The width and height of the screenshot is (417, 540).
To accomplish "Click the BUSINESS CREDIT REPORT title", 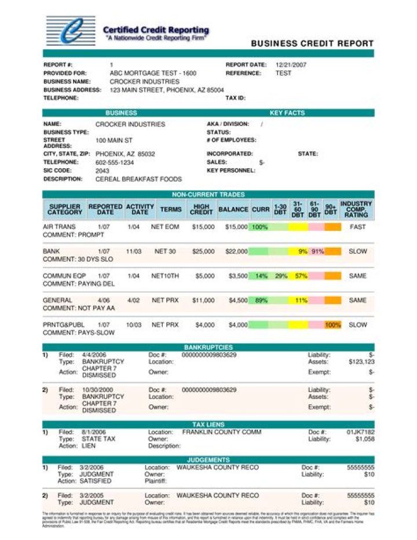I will click(x=312, y=44).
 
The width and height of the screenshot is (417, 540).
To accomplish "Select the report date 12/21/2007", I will click(x=291, y=65).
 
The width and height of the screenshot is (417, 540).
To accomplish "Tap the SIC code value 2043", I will click(x=103, y=171).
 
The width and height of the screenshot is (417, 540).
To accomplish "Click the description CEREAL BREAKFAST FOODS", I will click(x=138, y=179).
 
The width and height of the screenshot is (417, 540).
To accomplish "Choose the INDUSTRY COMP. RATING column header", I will click(x=356, y=209).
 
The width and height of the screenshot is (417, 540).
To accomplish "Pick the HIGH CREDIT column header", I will click(x=202, y=209).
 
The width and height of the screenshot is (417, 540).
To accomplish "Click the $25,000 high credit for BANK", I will click(x=203, y=252).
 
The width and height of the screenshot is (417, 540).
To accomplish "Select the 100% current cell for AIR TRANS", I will click(x=259, y=227).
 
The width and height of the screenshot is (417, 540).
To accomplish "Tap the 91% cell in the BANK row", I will click(x=317, y=252).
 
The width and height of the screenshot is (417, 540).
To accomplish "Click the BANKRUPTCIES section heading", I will click(x=208, y=347).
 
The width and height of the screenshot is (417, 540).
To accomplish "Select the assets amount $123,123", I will click(x=361, y=361).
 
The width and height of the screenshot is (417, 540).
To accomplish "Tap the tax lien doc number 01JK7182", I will click(x=360, y=432).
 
